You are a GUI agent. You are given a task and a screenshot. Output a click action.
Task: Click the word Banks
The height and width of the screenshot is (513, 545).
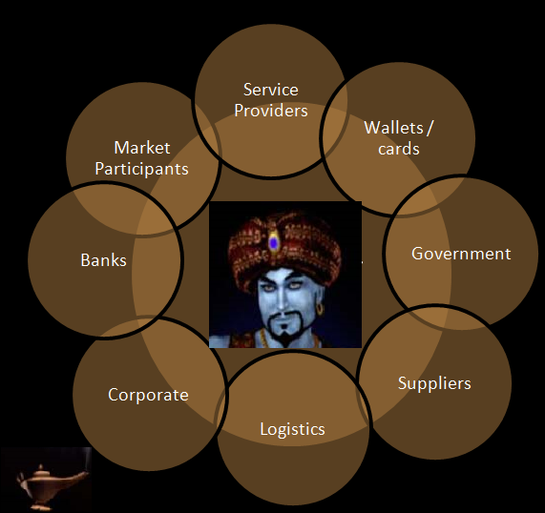click(x=104, y=260)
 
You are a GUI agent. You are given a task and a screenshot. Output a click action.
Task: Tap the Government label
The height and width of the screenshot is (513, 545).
click(x=461, y=254)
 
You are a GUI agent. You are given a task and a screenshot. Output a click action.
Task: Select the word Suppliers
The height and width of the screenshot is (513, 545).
click(x=434, y=383)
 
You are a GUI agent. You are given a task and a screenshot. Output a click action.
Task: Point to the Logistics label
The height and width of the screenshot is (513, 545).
click(x=292, y=429)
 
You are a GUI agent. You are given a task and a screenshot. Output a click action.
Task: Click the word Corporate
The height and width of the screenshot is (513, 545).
click(x=148, y=396)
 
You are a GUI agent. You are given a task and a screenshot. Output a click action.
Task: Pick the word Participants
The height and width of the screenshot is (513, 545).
click(x=142, y=170)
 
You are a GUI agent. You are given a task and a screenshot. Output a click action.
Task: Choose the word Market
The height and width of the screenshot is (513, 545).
click(x=142, y=148)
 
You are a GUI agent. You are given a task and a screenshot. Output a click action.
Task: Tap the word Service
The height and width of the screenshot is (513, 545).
click(x=271, y=90)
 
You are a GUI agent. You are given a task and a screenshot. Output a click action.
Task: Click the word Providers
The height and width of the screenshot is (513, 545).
click(x=271, y=111)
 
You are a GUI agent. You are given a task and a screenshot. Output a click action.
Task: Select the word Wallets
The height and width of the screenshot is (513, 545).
click(x=393, y=128)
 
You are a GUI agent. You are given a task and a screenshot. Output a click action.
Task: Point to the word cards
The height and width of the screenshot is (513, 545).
click(x=399, y=149)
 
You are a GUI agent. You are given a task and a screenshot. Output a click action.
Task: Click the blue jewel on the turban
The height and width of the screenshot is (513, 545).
click(x=274, y=243)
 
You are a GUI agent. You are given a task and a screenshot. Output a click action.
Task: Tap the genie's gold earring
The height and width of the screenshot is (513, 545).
click(x=320, y=309)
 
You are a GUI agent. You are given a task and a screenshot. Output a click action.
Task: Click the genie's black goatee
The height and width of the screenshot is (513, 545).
click(x=285, y=328)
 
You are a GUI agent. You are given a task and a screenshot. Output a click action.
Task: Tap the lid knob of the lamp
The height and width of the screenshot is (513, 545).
click(x=41, y=466)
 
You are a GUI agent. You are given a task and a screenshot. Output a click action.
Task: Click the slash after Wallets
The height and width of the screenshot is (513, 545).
click(x=430, y=128)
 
